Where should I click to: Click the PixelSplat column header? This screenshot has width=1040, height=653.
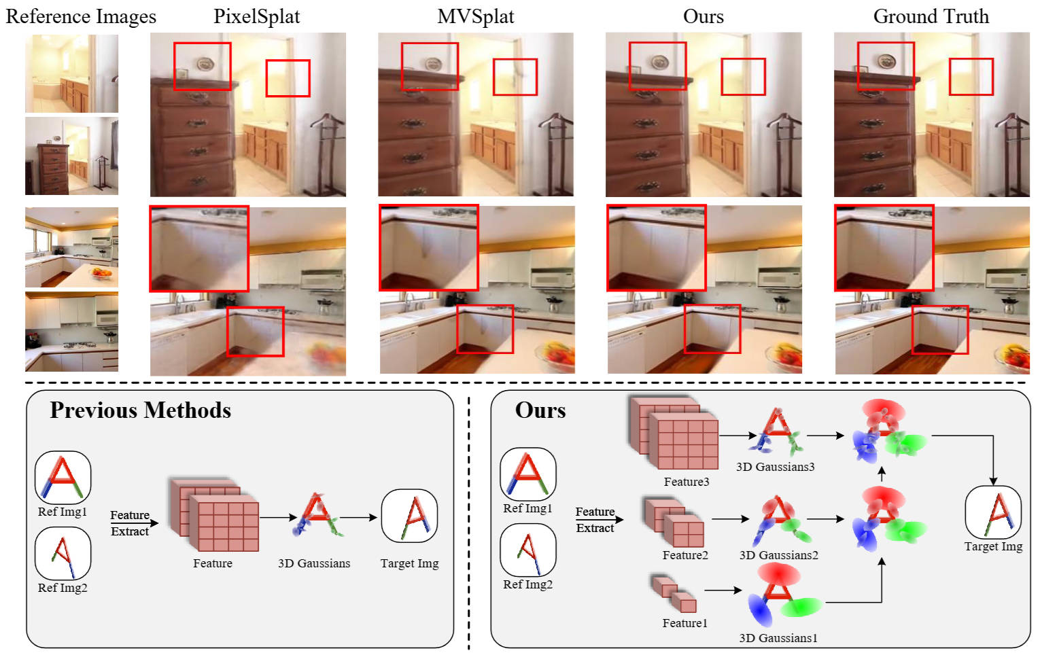[256, 16]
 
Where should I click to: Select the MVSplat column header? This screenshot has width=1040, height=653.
[475, 16]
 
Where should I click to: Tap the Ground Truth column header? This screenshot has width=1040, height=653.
[931, 16]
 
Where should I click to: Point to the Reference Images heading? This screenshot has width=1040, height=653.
[81, 16]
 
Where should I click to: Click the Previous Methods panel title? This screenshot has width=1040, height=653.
[140, 410]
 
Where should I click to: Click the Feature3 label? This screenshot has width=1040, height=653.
[686, 482]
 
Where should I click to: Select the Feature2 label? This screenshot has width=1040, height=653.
[684, 555]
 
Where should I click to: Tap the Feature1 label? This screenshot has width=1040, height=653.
[684, 623]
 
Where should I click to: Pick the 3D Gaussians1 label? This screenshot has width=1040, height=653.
[778, 638]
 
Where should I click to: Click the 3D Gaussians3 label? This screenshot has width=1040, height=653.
[775, 467]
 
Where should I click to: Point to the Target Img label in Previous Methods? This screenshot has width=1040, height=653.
[409, 563]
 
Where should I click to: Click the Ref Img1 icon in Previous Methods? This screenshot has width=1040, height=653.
[63, 478]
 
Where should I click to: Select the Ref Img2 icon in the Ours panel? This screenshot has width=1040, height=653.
[527, 550]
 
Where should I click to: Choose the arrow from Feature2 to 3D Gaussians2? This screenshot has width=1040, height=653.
[726, 520]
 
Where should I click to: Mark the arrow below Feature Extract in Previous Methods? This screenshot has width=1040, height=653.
[134, 523]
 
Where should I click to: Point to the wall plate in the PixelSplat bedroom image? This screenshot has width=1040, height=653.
[205, 64]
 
